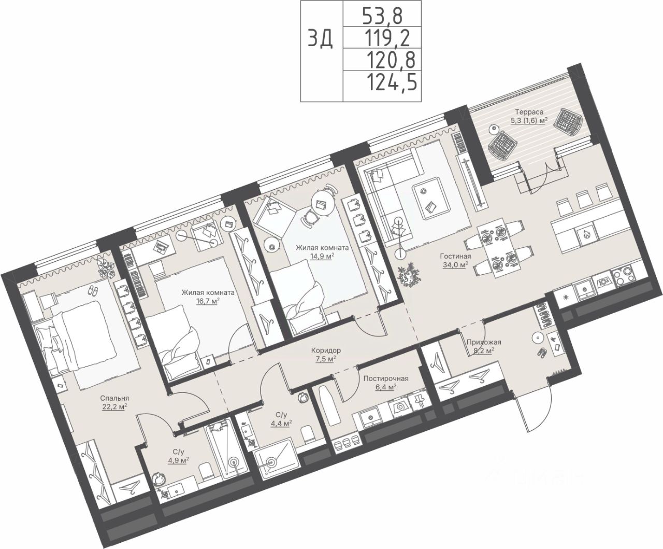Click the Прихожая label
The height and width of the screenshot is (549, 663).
484,342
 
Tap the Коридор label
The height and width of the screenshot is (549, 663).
326,350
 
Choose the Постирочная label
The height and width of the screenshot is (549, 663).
386,378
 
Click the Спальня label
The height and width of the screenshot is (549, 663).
114,398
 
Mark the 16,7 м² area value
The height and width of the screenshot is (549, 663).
208,301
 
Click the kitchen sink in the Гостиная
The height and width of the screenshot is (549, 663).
584,290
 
